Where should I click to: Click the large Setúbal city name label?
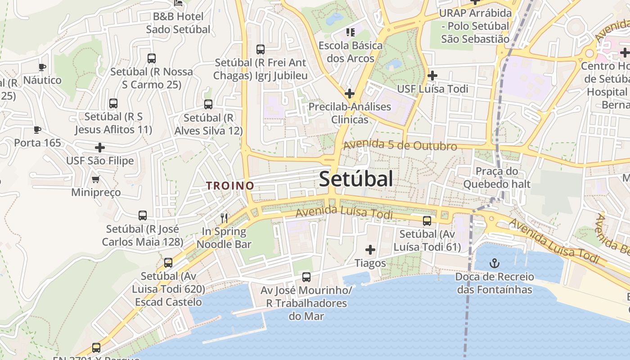(356, 179)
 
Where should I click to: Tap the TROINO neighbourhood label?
(230, 185)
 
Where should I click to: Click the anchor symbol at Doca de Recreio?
(495, 263)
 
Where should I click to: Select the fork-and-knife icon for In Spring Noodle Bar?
(224, 218)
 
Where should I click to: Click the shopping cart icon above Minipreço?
(95, 180)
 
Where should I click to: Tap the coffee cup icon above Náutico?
(42, 67)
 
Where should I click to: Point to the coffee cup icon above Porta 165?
(37, 130)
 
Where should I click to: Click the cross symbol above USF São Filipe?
(100, 148)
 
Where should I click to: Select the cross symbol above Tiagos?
(370, 250)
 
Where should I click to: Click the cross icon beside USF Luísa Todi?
(432, 76)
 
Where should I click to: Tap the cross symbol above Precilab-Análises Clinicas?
(349, 94)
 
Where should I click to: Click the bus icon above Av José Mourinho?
(306, 277)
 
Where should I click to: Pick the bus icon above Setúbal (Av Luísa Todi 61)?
(427, 221)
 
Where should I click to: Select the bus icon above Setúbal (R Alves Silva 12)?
(208, 104)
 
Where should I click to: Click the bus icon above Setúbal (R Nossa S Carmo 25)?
(152, 58)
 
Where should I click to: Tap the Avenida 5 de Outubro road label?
(400, 146)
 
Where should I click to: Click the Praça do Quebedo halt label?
(497, 178)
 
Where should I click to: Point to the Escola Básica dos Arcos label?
(351, 52)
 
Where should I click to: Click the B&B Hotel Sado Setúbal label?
(178, 23)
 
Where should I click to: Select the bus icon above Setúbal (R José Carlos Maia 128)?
(143, 216)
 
